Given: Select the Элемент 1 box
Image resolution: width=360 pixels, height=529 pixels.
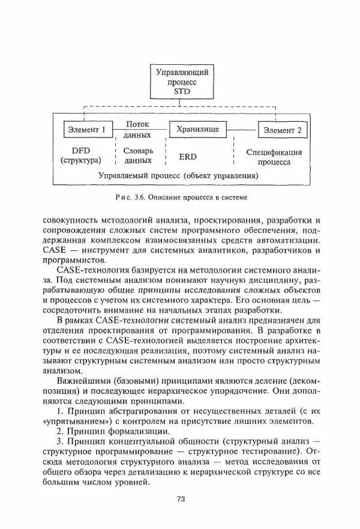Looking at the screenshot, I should (x=87, y=129).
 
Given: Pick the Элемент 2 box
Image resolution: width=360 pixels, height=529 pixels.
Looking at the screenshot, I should (x=282, y=129).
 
